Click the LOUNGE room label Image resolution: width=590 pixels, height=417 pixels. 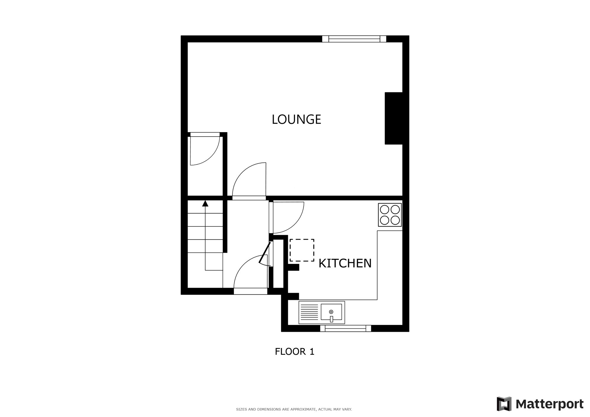296,119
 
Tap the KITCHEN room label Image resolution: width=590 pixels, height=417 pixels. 345,263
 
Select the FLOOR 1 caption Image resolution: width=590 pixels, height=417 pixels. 294,352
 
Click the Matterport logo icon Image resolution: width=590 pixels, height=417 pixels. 504,404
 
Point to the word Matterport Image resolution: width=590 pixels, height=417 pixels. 549,404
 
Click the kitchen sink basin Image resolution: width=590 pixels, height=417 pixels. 331,312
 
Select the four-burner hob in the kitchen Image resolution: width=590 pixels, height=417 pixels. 390,215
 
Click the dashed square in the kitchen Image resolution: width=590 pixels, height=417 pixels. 302,250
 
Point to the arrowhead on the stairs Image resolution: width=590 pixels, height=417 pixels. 205,203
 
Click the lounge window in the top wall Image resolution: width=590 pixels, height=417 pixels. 354,39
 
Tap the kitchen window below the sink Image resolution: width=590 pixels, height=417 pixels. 345,328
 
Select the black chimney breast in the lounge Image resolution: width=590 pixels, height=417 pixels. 394,118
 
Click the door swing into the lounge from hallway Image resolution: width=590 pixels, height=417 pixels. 249,180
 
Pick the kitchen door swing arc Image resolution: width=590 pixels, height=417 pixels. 288,217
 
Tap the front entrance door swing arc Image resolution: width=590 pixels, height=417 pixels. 249,271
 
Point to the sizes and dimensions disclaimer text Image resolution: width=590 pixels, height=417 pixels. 294,409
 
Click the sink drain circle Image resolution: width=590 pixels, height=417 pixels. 331,312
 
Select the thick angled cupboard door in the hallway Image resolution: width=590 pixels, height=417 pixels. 265,252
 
